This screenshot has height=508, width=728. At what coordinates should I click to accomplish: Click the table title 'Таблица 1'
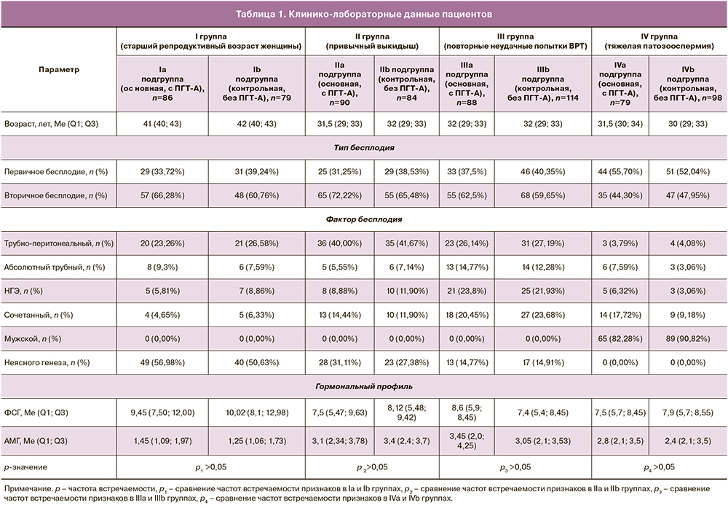(363, 14)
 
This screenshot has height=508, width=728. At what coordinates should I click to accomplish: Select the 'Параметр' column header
(60, 69)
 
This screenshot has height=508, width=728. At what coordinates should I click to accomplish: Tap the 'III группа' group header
(516, 41)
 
